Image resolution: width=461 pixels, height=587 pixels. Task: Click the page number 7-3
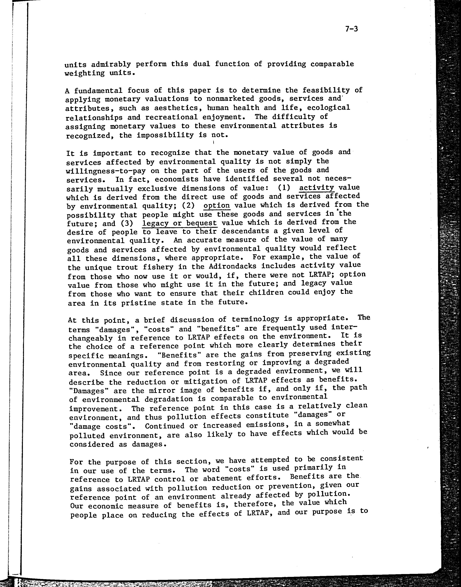click(x=351, y=29)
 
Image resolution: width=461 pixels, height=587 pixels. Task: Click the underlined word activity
click(x=317, y=188)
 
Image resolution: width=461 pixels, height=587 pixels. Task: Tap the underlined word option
click(x=217, y=205)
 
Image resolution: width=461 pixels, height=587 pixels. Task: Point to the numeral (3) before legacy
click(x=127, y=224)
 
